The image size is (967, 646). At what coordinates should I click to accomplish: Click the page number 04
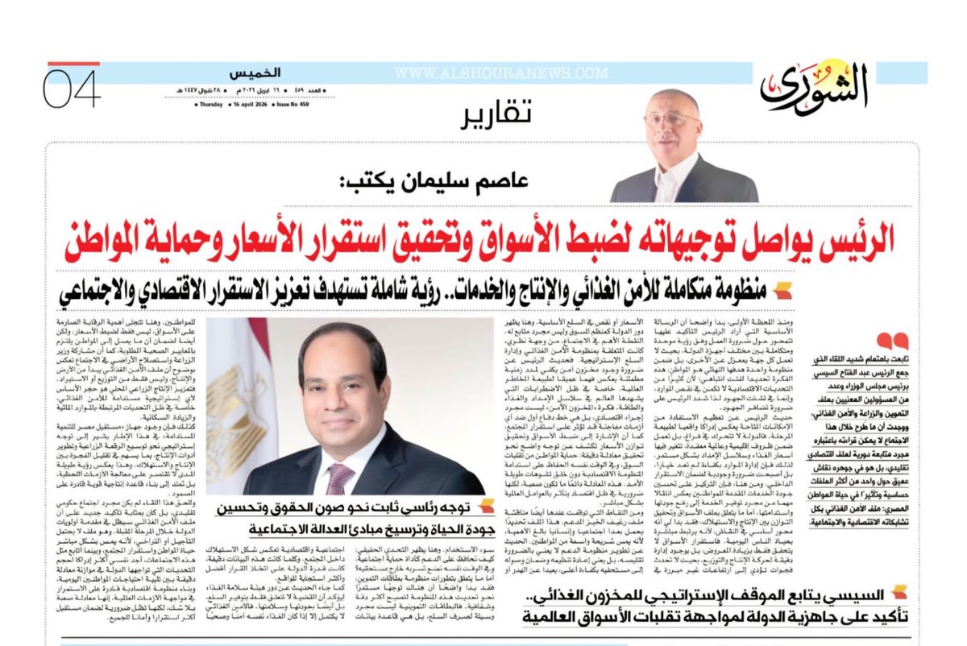coord(73,88)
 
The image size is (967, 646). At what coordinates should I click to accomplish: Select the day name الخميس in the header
coord(247,73)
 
